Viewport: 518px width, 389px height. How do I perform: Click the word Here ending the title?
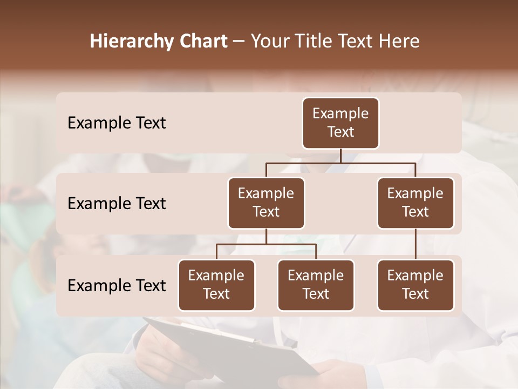(399, 42)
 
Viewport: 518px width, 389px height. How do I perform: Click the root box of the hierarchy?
(340, 123)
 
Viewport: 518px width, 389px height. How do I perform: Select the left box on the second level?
(266, 203)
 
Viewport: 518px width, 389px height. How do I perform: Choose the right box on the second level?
(415, 203)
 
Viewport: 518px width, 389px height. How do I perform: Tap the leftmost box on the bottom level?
(216, 285)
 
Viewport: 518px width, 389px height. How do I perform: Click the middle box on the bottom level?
(316, 285)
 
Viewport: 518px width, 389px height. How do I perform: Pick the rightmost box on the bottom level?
(415, 285)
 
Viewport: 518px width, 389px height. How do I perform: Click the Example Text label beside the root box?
(117, 123)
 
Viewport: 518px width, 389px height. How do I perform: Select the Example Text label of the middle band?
(117, 204)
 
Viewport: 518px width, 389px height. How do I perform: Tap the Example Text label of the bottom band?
(117, 285)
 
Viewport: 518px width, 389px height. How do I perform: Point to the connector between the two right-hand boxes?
(415, 244)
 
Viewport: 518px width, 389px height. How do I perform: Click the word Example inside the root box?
(340, 113)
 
